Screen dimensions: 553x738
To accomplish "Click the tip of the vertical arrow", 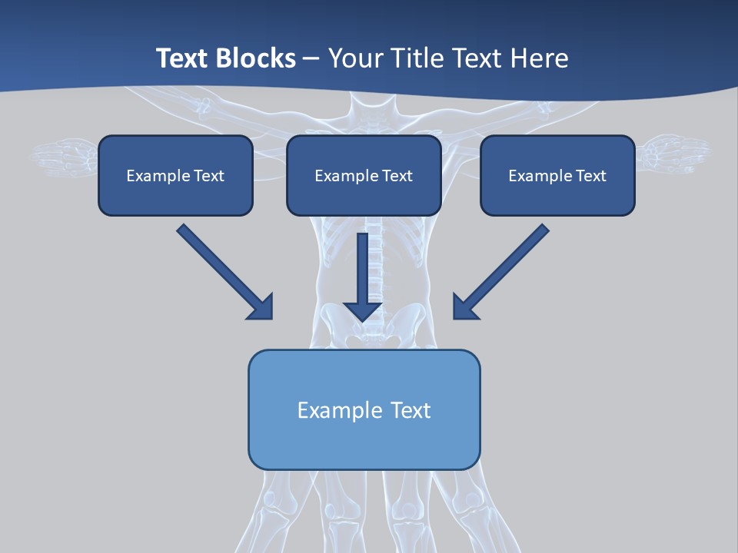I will (x=363, y=319).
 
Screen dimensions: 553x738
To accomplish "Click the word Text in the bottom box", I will (x=411, y=410).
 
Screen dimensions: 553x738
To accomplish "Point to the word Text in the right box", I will (x=590, y=176).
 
